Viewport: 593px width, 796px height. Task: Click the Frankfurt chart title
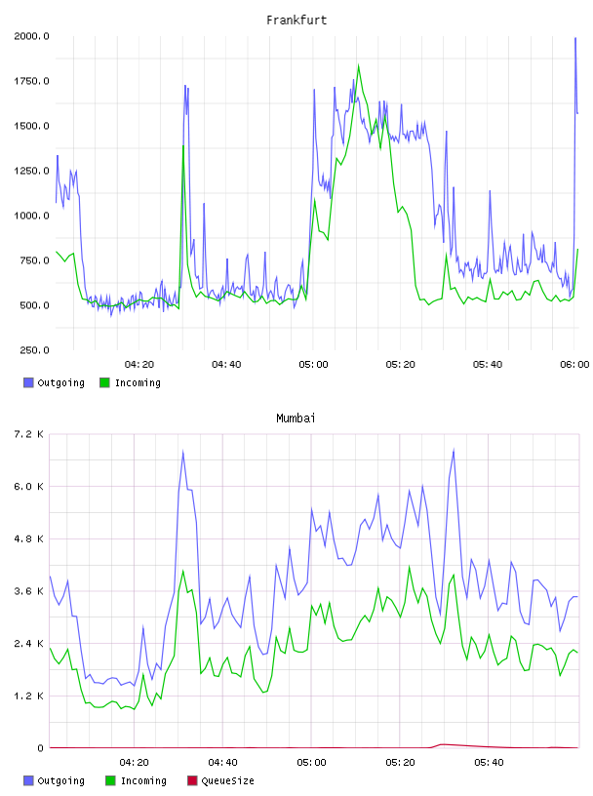pos(296,20)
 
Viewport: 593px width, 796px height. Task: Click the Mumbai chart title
pos(296,418)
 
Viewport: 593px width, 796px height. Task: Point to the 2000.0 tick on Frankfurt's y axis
pos(31,36)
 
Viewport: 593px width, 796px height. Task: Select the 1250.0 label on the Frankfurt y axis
pos(31,171)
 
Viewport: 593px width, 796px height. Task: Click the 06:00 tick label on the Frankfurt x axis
pos(574,364)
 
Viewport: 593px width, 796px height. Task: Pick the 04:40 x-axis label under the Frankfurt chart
pos(226,364)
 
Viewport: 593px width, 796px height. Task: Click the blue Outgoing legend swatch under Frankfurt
pos(28,382)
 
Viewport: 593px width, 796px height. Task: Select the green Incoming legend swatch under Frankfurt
pos(104,382)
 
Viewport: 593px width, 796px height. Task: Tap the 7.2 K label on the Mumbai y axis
pos(29,434)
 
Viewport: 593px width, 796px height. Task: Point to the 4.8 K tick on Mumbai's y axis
pos(29,538)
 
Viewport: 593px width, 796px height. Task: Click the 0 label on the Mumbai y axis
pos(40,748)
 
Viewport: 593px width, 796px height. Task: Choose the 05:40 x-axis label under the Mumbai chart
pos(489,762)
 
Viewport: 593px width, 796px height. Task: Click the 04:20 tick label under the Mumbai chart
pos(134,762)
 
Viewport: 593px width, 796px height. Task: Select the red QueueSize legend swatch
pos(192,780)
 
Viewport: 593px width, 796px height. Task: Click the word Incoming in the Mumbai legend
pos(143,780)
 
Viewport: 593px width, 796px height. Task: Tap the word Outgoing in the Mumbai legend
pos(60,780)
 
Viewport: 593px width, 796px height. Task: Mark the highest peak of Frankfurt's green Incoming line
pos(359,65)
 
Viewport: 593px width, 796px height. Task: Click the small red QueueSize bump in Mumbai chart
pos(443,744)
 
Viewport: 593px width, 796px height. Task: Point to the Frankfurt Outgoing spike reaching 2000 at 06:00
pos(575,38)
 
